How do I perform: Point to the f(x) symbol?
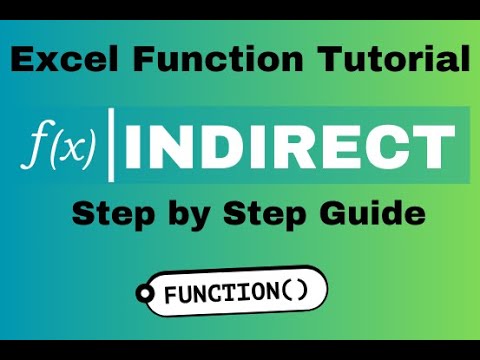tap(58, 147)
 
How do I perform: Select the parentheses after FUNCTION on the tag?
tap(297, 294)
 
